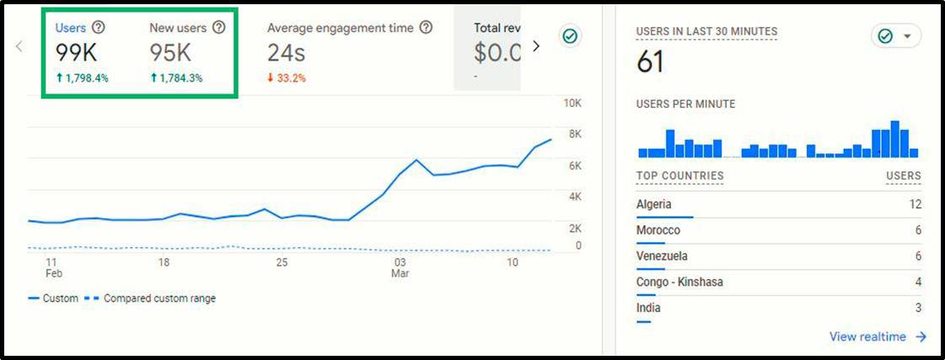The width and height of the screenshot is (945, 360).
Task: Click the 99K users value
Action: click(x=77, y=53)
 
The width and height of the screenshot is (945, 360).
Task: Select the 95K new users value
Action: click(x=171, y=53)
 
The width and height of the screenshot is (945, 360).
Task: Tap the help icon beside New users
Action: click(x=219, y=28)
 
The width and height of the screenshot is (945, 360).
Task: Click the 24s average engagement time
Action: click(x=286, y=53)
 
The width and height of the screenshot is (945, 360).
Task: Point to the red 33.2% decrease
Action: click(x=287, y=78)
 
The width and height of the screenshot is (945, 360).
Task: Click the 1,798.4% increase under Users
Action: click(x=82, y=78)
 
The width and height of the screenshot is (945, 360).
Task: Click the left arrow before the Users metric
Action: click(x=19, y=46)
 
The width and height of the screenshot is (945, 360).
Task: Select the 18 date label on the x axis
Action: click(x=164, y=262)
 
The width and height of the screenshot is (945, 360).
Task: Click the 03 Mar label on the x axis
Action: click(x=400, y=267)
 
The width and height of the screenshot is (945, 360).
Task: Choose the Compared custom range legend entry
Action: click(x=152, y=298)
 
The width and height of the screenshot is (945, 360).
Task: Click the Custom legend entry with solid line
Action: click(x=53, y=298)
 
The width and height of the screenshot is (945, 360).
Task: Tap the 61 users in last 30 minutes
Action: click(x=650, y=62)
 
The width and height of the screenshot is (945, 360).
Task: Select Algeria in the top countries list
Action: click(x=654, y=204)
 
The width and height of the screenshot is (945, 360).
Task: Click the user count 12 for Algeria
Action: click(x=915, y=204)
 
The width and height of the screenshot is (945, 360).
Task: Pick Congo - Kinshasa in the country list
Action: click(x=679, y=282)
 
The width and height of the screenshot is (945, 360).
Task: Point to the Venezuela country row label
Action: click(x=663, y=255)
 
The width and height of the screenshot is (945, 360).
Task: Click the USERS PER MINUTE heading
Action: click(x=685, y=105)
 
